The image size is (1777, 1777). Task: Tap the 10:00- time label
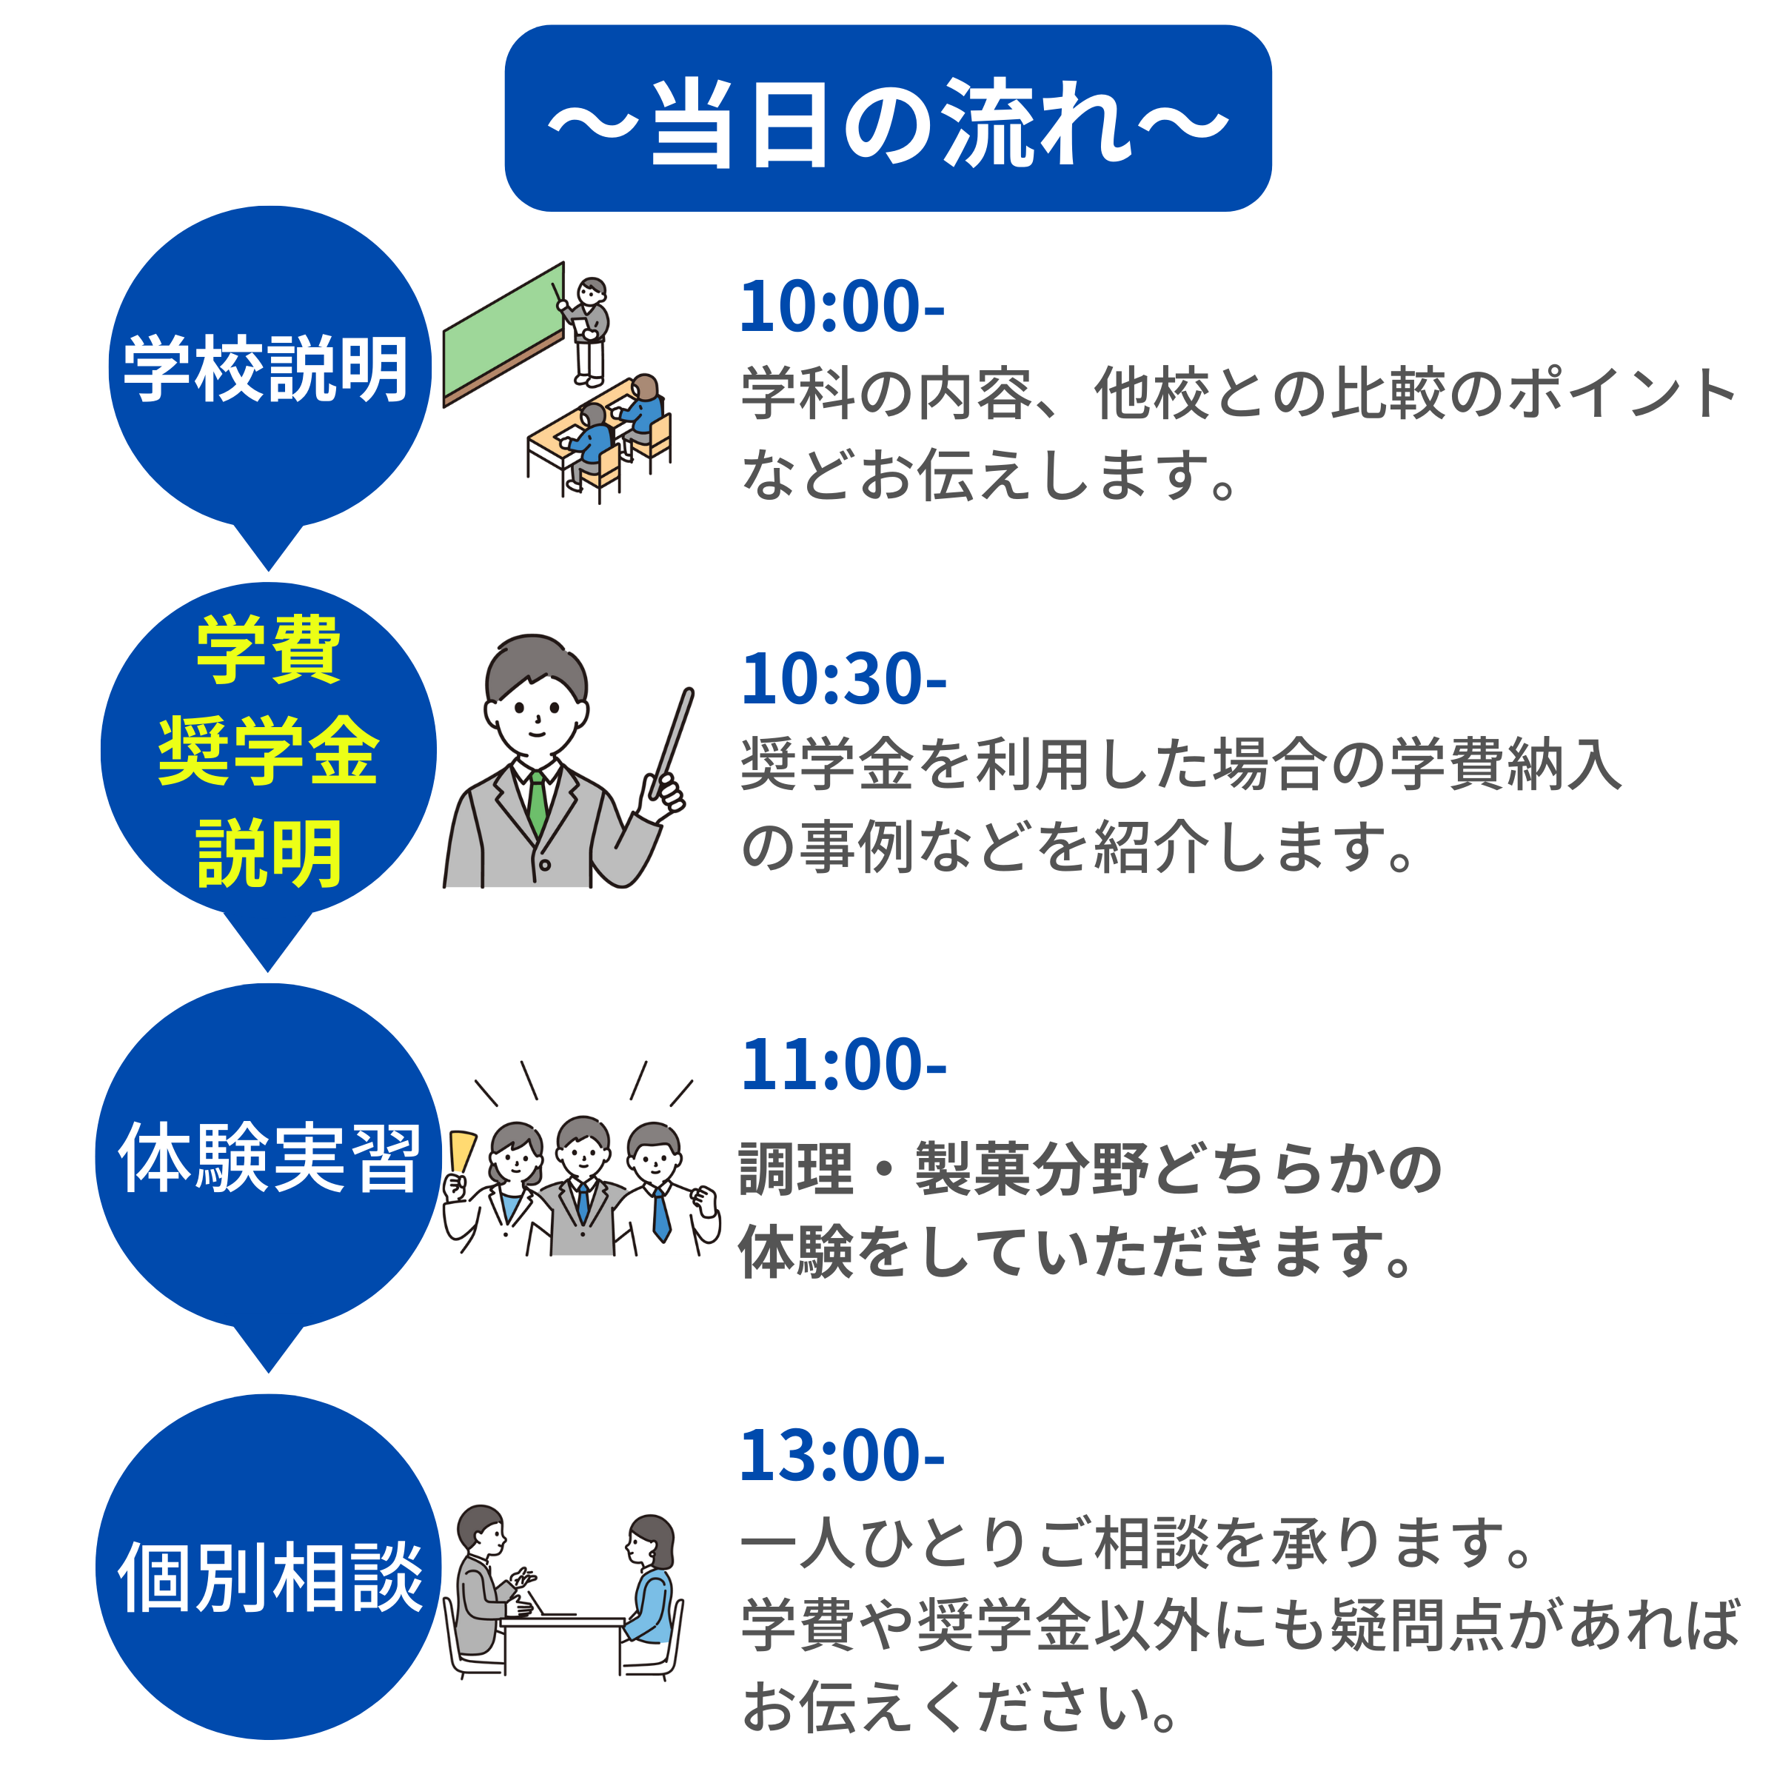(x=842, y=307)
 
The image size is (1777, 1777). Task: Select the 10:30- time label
(x=843, y=679)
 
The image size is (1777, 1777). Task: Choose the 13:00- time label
(x=842, y=1455)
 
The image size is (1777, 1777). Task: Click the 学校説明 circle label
(x=267, y=369)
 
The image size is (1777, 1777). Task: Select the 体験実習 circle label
(x=269, y=1157)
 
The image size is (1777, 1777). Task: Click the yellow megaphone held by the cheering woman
(x=463, y=1151)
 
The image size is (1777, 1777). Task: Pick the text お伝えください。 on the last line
(x=960, y=1707)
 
